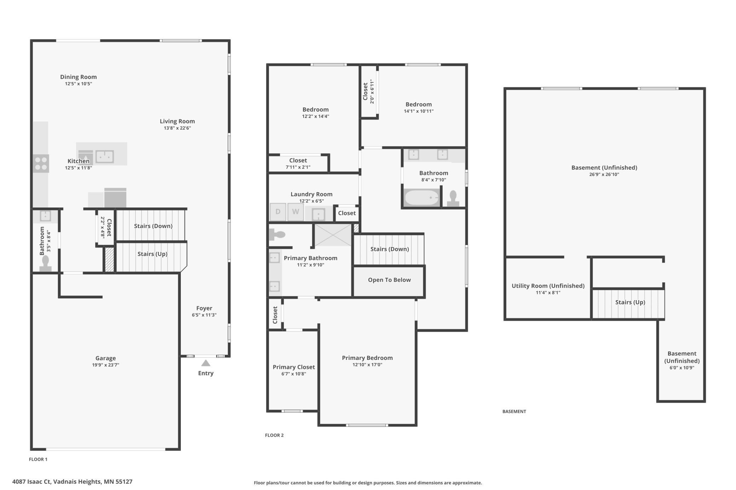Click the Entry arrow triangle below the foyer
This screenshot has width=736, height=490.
206,363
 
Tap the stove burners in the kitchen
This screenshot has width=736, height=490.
41,164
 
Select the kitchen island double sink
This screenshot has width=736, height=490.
105,156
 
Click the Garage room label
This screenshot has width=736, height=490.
105,358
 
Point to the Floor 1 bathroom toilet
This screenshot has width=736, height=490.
45,263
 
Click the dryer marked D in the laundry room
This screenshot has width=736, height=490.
278,212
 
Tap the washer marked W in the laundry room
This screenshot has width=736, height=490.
295,212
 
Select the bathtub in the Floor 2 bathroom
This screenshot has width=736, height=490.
421,198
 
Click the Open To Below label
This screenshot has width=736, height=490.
389,280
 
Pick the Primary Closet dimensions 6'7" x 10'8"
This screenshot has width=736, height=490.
294,374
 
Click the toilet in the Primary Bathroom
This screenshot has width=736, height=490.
277,234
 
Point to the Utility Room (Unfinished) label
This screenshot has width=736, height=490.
548,286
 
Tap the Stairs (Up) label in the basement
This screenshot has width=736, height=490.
630,302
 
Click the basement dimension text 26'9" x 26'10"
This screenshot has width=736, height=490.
604,174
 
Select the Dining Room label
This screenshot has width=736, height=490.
78,77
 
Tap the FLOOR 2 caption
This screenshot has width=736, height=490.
274,435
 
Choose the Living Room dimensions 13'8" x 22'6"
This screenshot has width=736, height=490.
177,128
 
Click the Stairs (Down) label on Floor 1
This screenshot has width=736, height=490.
153,226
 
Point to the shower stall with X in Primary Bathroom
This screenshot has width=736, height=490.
333,235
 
